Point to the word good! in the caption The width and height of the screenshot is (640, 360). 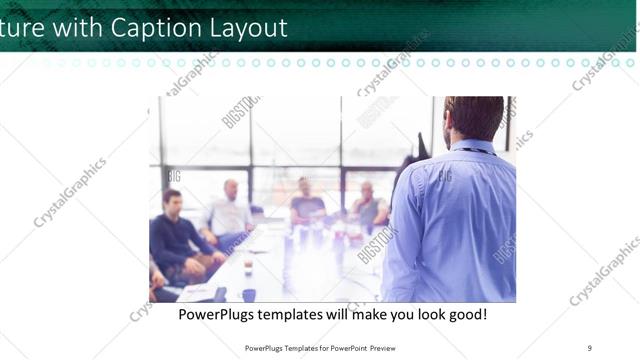pos(466,314)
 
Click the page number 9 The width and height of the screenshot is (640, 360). pos(589,347)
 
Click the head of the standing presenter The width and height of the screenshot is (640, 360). pos(473,119)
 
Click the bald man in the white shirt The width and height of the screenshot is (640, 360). pos(230,212)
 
